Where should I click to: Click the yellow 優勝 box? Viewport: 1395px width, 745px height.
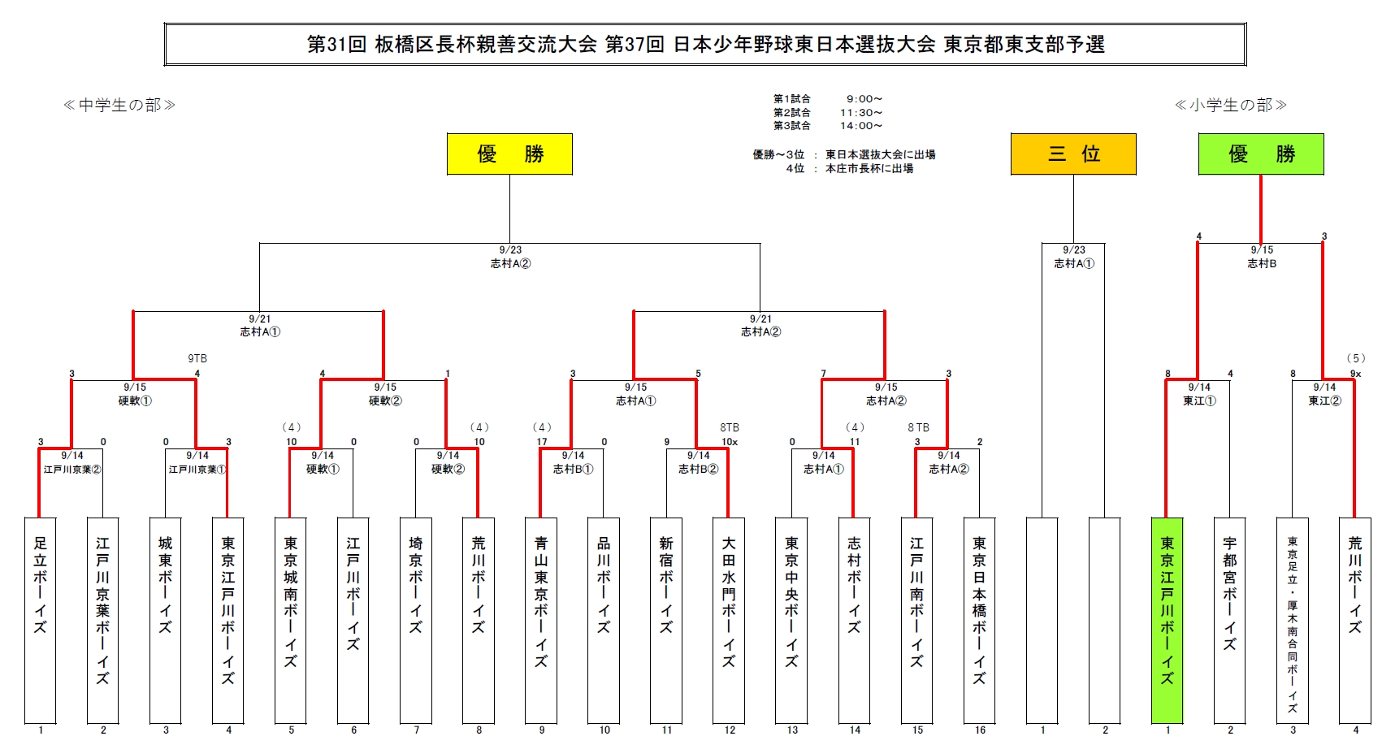[x=509, y=154]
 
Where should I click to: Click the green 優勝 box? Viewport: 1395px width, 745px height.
[x=1261, y=154]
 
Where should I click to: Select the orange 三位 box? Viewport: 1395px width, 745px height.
[x=1073, y=154]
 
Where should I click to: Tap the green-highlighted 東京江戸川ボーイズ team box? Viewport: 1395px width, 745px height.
[x=1168, y=620]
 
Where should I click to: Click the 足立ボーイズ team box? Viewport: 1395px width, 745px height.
[x=41, y=620]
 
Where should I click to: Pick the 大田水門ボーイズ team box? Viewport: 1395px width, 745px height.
[x=729, y=620]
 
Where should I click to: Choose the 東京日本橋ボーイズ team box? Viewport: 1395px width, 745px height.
[x=979, y=620]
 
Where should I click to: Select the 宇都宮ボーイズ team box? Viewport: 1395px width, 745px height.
[x=1229, y=620]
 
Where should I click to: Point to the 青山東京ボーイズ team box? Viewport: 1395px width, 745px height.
[x=541, y=620]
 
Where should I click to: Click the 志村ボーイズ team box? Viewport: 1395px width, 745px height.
[x=854, y=620]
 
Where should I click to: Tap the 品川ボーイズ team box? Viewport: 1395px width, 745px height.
[x=604, y=620]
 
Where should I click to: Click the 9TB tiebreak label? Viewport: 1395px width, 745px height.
[x=197, y=358]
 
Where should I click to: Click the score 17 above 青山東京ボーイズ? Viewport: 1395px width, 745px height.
[x=542, y=442]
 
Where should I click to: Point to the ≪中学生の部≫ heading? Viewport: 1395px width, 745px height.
[x=119, y=105]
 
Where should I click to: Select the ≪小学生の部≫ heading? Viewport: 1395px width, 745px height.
[x=1231, y=105]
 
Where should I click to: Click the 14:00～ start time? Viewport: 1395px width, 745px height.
[x=861, y=126]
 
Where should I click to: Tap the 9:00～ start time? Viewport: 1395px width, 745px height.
[x=864, y=99]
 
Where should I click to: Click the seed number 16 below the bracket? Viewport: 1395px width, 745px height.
[x=980, y=730]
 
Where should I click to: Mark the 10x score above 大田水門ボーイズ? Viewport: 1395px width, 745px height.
[x=730, y=442]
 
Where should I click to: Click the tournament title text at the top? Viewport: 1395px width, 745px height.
[x=705, y=44]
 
